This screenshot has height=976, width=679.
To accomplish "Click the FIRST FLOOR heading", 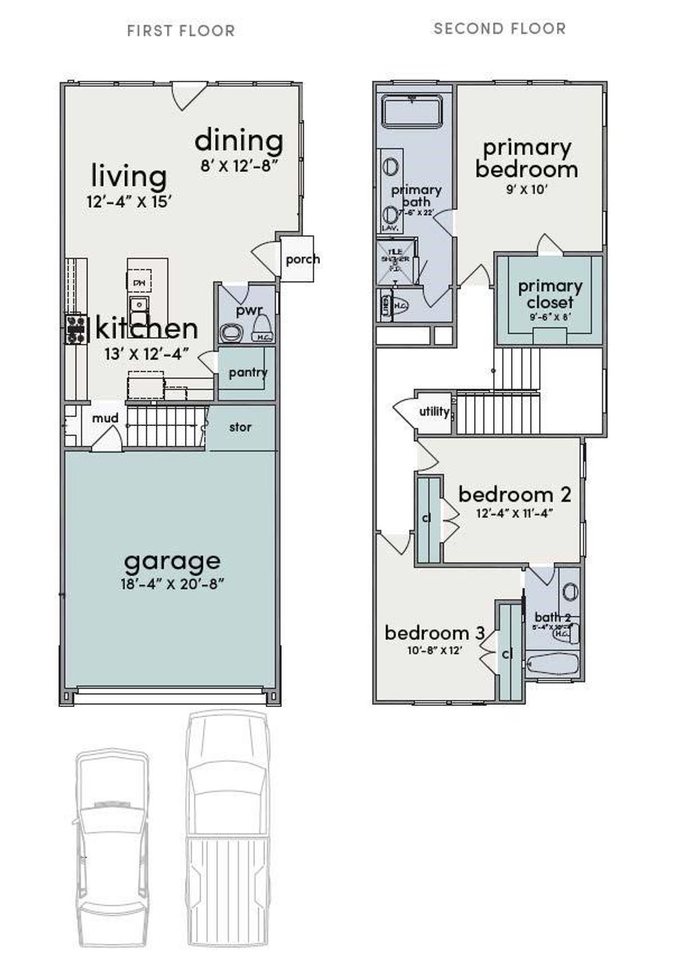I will click(180, 31).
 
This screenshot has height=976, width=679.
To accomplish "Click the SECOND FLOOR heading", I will click(499, 28).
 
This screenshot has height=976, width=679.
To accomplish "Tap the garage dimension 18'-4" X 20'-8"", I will click(172, 584).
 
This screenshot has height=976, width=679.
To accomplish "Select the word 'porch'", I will click(302, 259).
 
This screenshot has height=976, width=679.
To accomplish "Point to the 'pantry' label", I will click(247, 372).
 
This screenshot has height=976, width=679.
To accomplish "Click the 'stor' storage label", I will click(240, 427).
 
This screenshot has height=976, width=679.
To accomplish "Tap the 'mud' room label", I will click(105, 418).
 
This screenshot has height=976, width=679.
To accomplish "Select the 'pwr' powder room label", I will click(249, 310).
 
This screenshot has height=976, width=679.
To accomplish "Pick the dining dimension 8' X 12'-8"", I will click(239, 166).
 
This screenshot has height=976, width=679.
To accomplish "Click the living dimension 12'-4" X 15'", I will click(129, 202).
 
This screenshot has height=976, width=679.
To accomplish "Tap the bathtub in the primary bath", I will click(413, 111).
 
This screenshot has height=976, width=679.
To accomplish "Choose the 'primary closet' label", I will click(550, 294).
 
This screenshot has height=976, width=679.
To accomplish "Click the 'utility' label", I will click(434, 411).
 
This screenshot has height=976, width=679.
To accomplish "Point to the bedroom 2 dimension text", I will click(515, 513).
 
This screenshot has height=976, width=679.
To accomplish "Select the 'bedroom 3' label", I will click(434, 633).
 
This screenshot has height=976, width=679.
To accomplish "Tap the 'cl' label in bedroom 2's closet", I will click(426, 517).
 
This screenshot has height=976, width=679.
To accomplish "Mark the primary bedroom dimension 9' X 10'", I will click(526, 190).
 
